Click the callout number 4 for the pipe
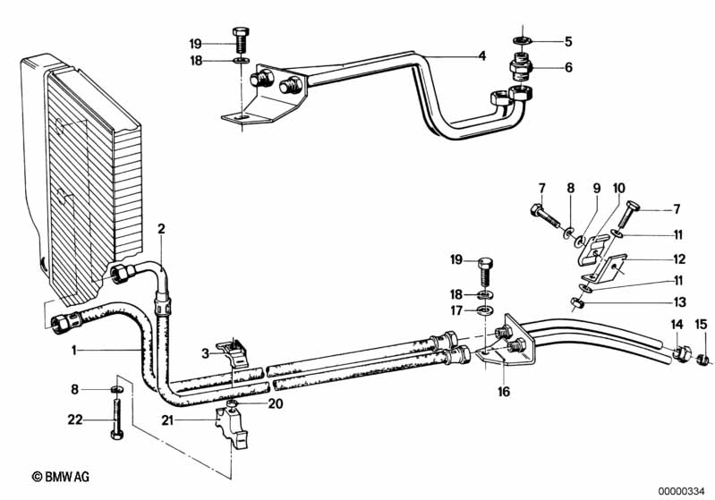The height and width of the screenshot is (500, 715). click(482, 56)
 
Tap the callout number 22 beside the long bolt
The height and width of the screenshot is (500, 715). click(75, 419)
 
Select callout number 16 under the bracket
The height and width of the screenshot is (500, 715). click(504, 392)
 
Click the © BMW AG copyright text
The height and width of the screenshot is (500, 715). click(61, 477)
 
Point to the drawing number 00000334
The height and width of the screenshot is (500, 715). click(682, 491)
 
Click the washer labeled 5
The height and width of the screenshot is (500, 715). click(522, 40)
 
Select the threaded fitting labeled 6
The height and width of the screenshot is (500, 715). click(521, 66)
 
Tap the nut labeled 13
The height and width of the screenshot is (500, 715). click(578, 302)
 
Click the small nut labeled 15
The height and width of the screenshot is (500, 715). click(702, 360)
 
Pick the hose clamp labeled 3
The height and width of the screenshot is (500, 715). click(233, 351)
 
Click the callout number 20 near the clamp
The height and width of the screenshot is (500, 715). click(276, 403)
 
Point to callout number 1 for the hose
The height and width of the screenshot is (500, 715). click(74, 350)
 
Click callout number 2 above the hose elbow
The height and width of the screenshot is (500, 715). click(161, 228)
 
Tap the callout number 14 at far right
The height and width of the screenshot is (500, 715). click(677, 325)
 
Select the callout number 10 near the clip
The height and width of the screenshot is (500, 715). click(618, 188)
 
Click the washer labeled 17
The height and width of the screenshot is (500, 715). click(485, 311)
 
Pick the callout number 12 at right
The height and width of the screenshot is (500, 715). click(679, 258)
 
